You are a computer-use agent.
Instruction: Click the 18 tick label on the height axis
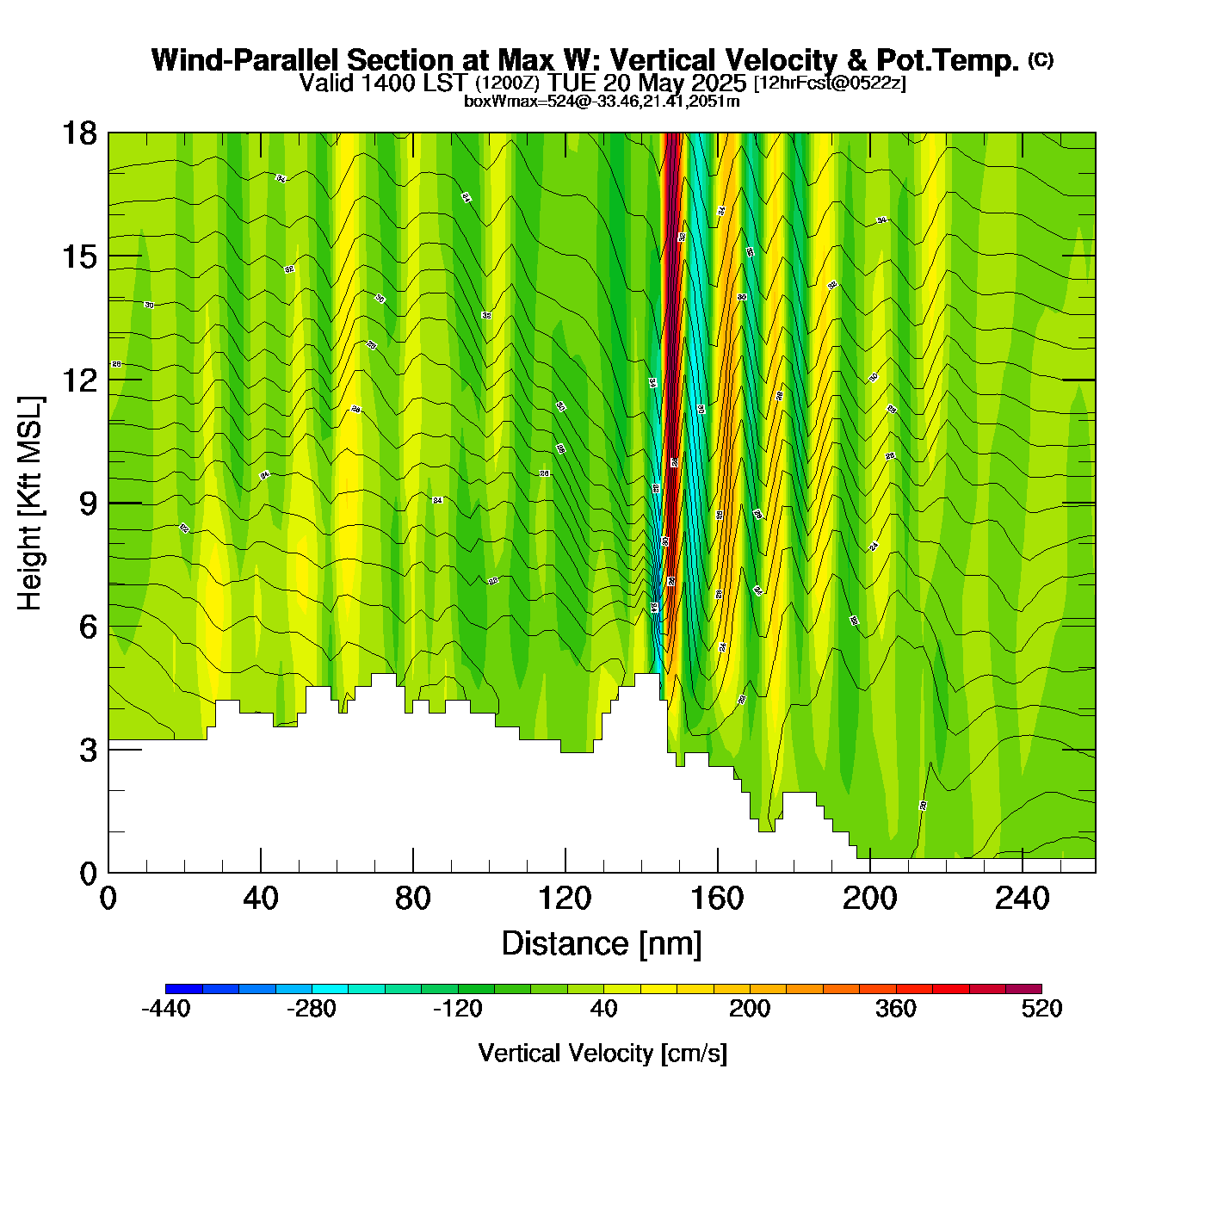pyautogui.click(x=78, y=133)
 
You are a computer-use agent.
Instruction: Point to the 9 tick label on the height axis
pyautogui.click(x=88, y=504)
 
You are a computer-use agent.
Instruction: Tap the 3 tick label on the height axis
pyautogui.click(x=88, y=751)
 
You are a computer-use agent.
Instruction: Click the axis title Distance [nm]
pyautogui.click(x=602, y=943)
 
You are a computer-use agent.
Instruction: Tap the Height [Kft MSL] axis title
pyautogui.click(x=30, y=504)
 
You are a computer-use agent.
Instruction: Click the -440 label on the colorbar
pyautogui.click(x=165, y=1009)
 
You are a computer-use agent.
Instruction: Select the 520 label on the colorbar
pyautogui.click(x=1041, y=1009)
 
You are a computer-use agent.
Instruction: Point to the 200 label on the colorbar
pyautogui.click(x=750, y=1009)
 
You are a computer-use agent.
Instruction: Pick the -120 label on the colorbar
pyautogui.click(x=457, y=1009)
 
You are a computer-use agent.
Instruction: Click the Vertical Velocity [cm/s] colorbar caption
pyautogui.click(x=602, y=1053)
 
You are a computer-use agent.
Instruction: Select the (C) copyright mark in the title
pyautogui.click(x=1041, y=59)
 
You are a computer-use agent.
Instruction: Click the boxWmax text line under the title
pyautogui.click(x=602, y=101)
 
